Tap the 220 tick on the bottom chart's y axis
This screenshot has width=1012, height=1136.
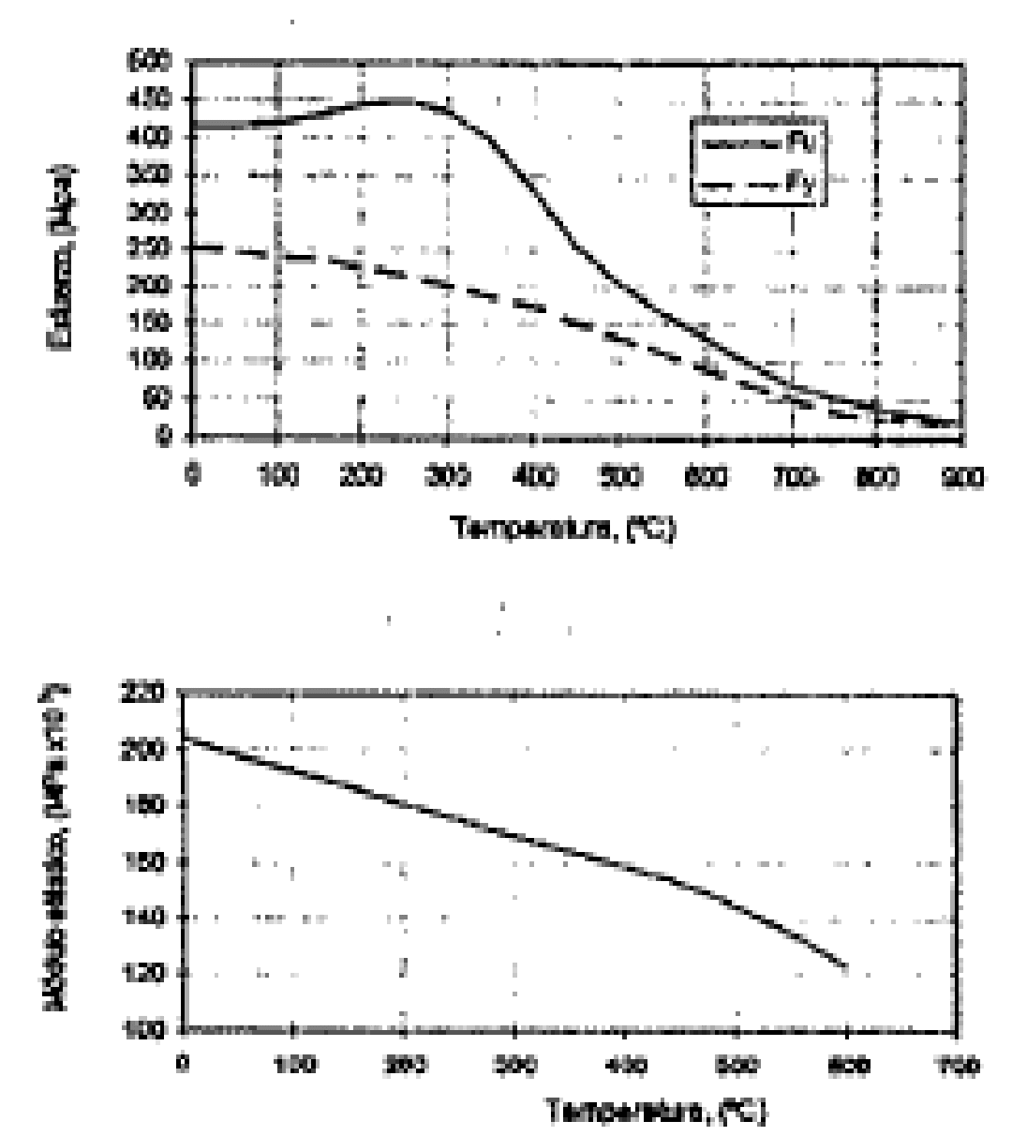153,695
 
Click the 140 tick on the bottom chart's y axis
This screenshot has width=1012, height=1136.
153,918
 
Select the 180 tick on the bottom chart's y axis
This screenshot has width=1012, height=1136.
153,805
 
